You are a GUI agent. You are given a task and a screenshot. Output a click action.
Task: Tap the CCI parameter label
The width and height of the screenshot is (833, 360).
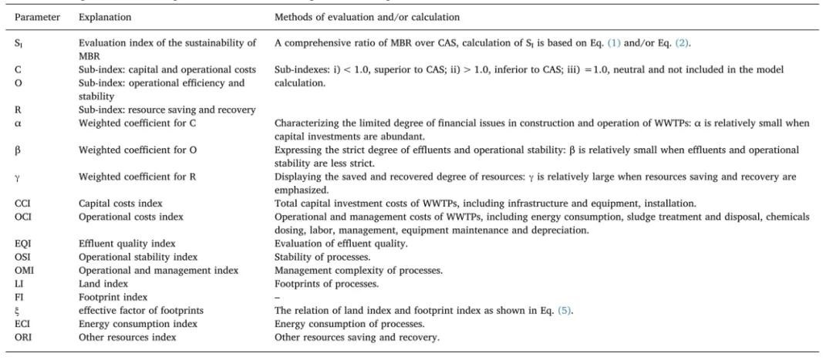coord(22,204)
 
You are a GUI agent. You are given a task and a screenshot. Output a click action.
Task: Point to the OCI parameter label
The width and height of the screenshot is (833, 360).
coord(22,216)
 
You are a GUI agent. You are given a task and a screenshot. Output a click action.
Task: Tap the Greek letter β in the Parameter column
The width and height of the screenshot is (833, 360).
coord(18,150)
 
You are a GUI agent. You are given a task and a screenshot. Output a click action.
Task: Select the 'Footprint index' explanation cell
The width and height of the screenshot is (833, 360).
coord(111,296)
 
